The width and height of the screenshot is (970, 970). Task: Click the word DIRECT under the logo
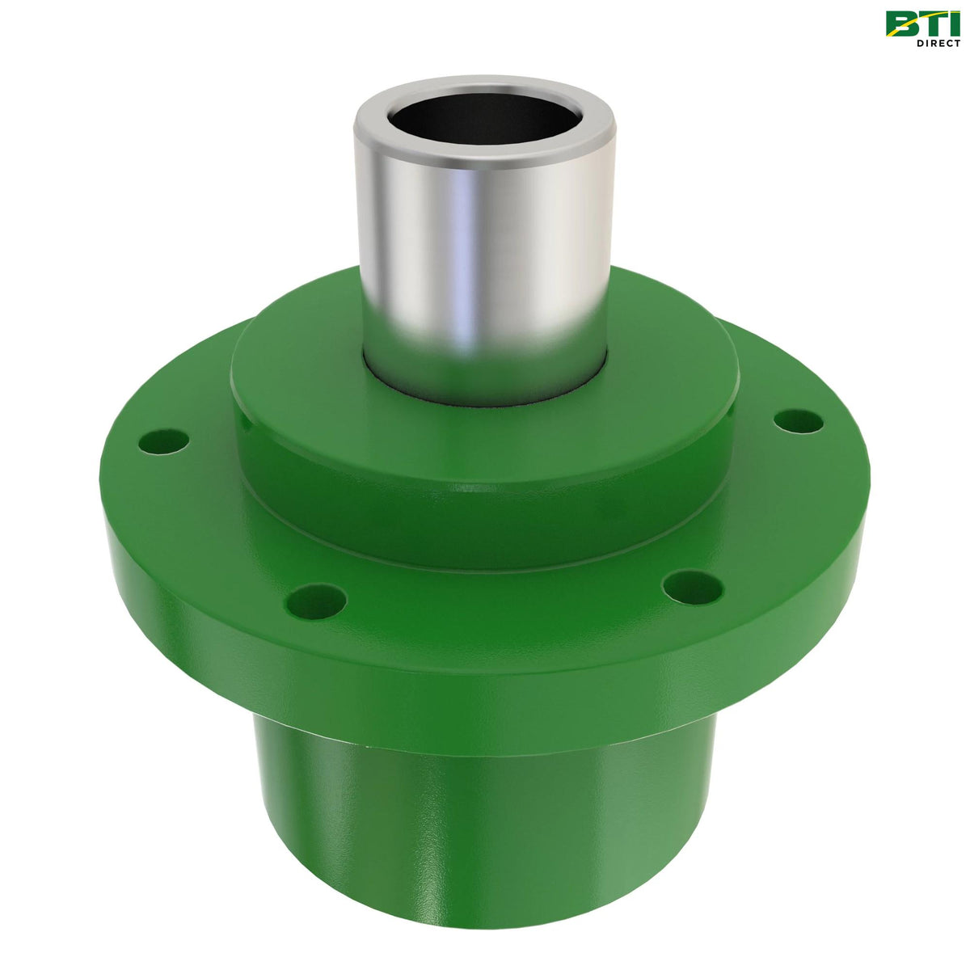pos(937,43)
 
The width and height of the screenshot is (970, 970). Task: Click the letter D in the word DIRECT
pos(920,43)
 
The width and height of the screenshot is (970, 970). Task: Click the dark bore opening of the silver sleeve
pos(483,118)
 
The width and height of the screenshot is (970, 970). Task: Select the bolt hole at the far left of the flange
pos(164,441)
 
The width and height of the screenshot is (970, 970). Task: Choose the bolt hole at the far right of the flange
pos(799,421)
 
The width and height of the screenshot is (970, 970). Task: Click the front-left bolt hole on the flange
pos(317,600)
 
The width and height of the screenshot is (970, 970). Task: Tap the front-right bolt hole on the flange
pos(692,588)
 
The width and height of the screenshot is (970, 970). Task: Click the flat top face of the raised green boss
pos(307,356)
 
